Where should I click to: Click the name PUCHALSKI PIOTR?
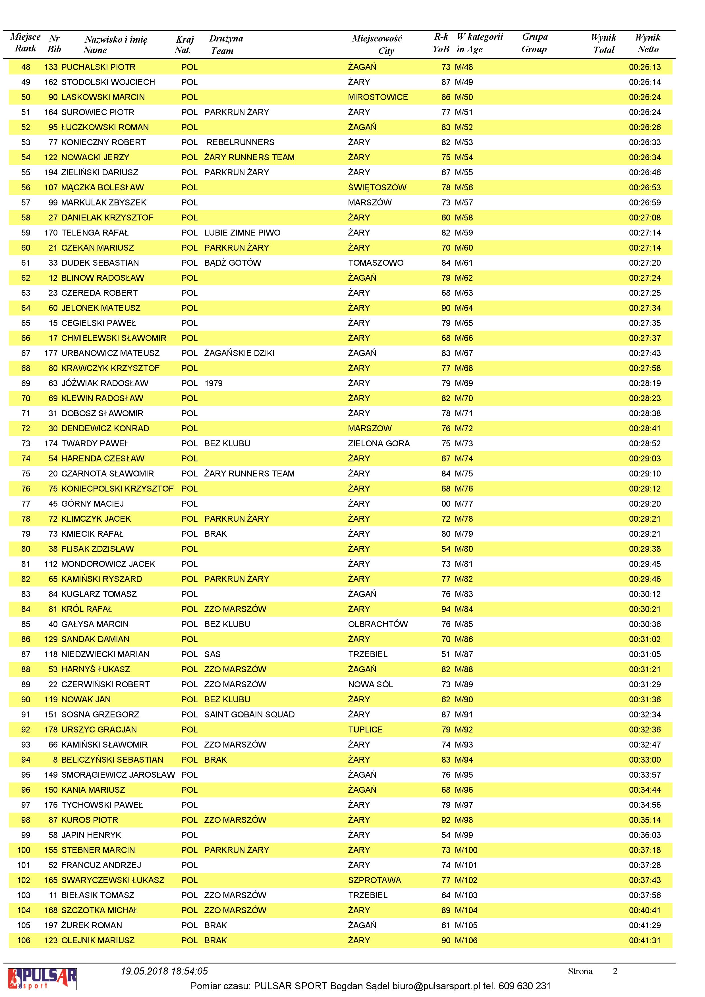[x=98, y=67]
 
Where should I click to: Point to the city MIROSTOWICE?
[x=378, y=97]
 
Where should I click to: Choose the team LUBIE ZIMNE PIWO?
[x=242, y=233]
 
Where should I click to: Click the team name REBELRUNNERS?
[x=240, y=142]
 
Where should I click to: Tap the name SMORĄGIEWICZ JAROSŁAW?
[x=118, y=775]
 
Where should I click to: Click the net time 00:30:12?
[x=645, y=594]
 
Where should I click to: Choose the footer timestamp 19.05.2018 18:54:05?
[x=164, y=971]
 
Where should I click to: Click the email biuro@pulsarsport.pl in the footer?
[x=437, y=986]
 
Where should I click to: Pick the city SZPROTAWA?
[x=374, y=880]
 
